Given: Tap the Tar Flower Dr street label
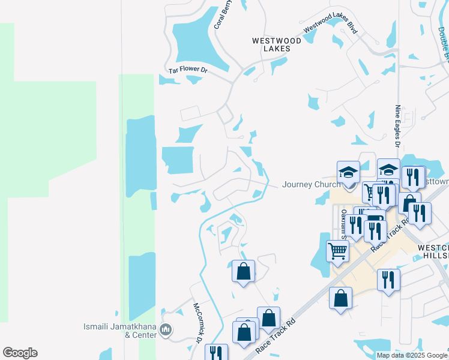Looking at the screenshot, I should coord(188,71).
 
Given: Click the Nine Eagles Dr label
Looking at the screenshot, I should coord(397,127).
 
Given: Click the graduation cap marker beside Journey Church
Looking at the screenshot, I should coord(348,173).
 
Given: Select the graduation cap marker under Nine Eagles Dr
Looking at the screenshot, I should coord(388,170).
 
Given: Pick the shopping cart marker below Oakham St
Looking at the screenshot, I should coord(337,251).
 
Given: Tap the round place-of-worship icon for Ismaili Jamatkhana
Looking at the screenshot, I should coord(167,329).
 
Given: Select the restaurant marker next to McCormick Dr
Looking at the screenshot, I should coord(215,353).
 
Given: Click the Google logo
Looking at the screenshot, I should coord(20,353).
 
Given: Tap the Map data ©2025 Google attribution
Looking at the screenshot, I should coord(411,355).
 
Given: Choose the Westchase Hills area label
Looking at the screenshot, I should coord(433,251).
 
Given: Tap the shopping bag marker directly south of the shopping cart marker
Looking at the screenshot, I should coord(340,298).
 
